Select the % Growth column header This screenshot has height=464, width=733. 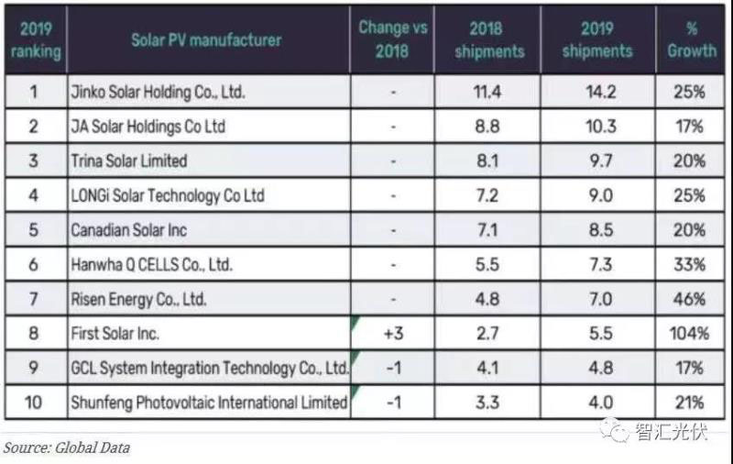[x=692, y=39]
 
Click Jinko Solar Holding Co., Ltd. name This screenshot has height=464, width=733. [x=159, y=92]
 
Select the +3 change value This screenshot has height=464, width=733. [x=392, y=334]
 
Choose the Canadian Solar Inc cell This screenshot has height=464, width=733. [x=128, y=230]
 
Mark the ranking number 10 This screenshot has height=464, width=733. [x=34, y=403]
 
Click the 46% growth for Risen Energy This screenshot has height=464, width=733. [x=690, y=299]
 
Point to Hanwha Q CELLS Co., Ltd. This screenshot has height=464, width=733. [x=152, y=265]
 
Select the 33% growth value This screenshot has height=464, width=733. [x=690, y=265]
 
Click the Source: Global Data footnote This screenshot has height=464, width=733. [x=66, y=447]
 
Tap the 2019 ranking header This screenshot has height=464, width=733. [x=33, y=39]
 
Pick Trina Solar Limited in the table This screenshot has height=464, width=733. [x=129, y=160]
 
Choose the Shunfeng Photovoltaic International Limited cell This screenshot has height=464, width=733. [x=209, y=403]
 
